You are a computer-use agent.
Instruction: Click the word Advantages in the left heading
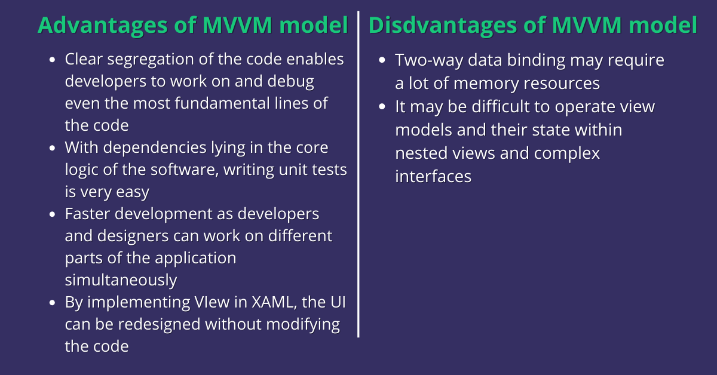click(102, 26)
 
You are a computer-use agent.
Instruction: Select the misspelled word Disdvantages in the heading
click(442, 26)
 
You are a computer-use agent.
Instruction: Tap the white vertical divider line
click(358, 174)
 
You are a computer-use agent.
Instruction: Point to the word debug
click(290, 82)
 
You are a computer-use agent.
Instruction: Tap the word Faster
click(87, 214)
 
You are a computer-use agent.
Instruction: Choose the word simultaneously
click(121, 280)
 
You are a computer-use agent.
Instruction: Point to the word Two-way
click(429, 60)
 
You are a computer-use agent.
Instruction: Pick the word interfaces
click(433, 176)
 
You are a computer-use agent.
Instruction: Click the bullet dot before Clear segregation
click(53, 60)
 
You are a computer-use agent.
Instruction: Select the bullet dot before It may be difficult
click(382, 106)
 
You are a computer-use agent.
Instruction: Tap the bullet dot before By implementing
click(53, 303)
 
